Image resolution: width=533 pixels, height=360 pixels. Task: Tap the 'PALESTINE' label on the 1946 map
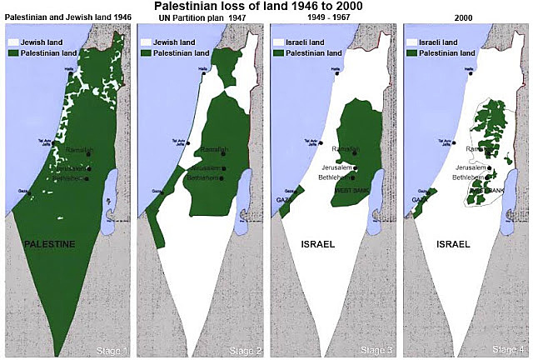(x=49, y=244)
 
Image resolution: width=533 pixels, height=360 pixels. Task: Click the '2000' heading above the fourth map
(x=466, y=18)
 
